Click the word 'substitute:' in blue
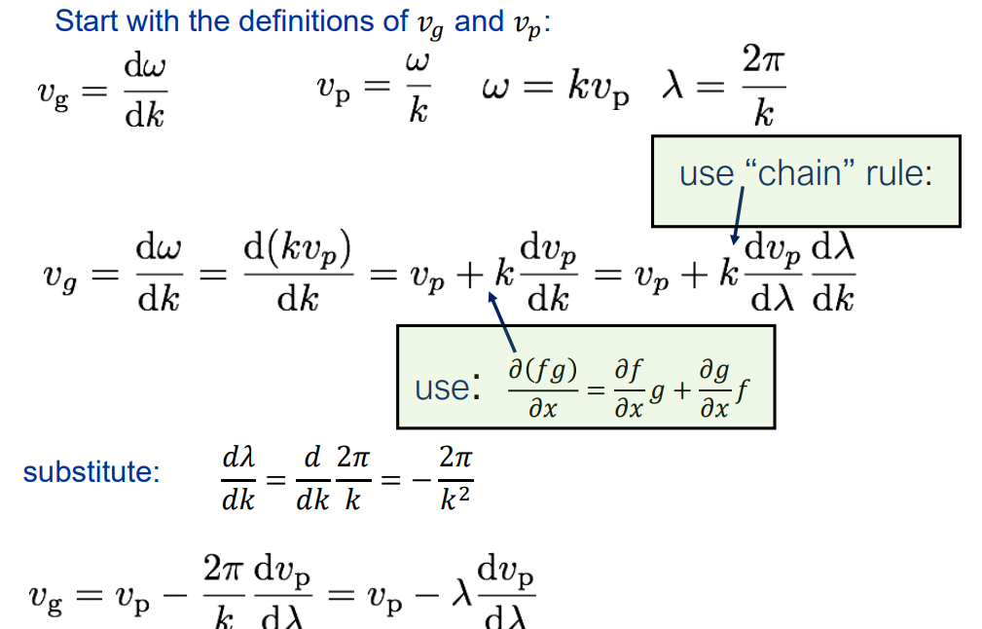(x=91, y=473)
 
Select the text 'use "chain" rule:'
(x=806, y=174)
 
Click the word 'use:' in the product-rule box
(x=447, y=388)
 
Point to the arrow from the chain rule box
(x=737, y=215)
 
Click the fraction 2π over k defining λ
(x=764, y=91)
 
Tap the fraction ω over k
(x=418, y=90)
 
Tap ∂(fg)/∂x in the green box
(x=542, y=388)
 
